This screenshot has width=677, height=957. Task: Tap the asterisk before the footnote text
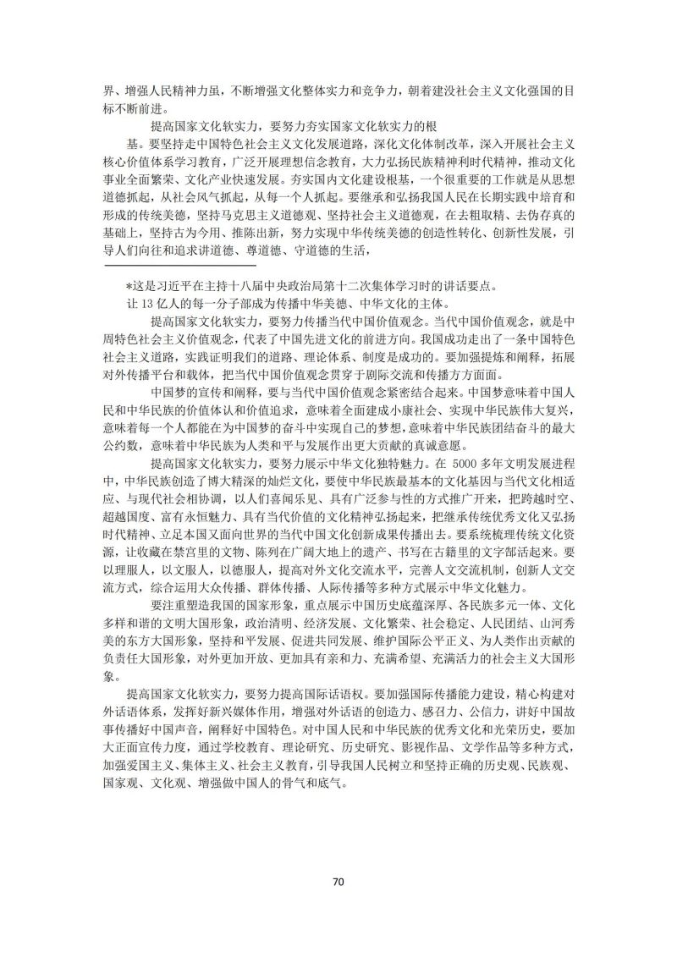point(129,285)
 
